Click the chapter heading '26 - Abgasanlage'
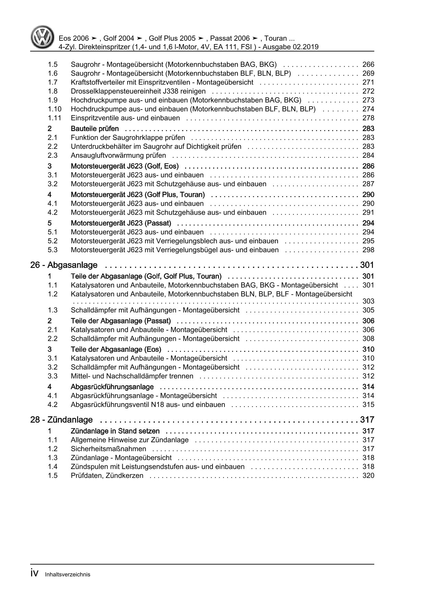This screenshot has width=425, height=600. [x=64, y=265]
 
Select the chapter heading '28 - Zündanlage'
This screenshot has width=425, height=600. [x=61, y=420]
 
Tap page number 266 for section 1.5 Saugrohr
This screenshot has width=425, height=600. [x=368, y=65]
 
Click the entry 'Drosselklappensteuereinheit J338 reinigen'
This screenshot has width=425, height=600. [x=138, y=91]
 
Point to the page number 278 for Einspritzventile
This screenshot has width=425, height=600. [x=368, y=118]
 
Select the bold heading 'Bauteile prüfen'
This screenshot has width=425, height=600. [x=95, y=129]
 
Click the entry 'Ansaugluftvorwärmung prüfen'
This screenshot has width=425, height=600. [x=118, y=155]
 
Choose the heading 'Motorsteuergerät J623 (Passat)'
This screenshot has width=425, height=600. [x=121, y=224]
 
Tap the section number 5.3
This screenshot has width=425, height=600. [x=52, y=250]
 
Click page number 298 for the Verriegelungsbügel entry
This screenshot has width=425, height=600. [x=368, y=250]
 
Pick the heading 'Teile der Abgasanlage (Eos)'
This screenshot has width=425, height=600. [x=116, y=349]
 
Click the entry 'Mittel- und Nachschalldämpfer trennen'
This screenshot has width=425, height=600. [x=132, y=376]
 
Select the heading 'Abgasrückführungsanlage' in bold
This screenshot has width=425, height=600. [x=112, y=387]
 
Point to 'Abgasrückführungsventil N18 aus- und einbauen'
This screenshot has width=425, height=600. [x=148, y=405]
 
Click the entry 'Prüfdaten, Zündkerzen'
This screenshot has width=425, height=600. [x=107, y=476]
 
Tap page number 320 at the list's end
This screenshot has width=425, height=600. [x=368, y=476]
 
